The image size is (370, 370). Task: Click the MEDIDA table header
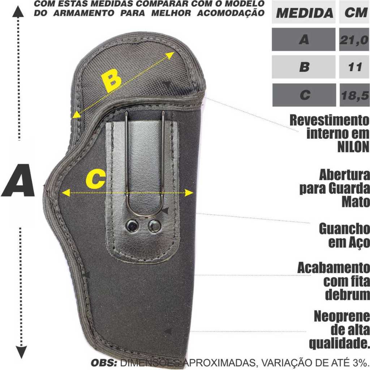[x=304, y=13]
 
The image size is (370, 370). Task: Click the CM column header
[x=356, y=12]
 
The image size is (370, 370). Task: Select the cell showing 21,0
[x=354, y=39]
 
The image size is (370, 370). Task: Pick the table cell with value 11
[x=354, y=67]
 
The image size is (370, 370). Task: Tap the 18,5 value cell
[x=355, y=95]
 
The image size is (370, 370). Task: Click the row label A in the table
[x=304, y=39]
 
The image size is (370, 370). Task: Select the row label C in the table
[x=304, y=95]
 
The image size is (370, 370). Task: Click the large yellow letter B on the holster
[x=111, y=81]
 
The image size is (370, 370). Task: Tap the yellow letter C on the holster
[x=95, y=179]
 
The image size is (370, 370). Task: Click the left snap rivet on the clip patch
[x=132, y=225]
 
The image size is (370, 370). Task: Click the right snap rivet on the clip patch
[x=155, y=226]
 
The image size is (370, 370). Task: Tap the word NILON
[x=353, y=147]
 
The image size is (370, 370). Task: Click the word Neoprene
[x=342, y=317]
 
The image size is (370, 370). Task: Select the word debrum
[x=347, y=294]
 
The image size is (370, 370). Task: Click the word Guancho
[x=344, y=229]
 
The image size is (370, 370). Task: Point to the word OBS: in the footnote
[x=104, y=363]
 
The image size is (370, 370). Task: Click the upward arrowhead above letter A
[x=18, y=12]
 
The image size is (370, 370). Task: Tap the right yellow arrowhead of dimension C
[x=189, y=193]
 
